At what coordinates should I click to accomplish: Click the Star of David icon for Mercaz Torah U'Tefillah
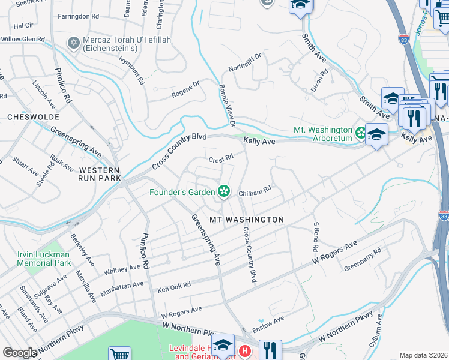pos(74,43)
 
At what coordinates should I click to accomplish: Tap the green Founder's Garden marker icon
pos(224,192)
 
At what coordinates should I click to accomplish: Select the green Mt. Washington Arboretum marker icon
pos(360,131)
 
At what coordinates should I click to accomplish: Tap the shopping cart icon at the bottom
pos(120,354)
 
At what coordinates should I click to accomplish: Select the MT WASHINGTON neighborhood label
pos(246,220)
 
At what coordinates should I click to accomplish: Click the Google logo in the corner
pos(20,353)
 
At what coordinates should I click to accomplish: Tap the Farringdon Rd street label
pos(78,16)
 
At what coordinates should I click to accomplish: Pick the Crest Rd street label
pos(220,160)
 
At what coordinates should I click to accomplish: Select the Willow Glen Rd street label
pos(23,39)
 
